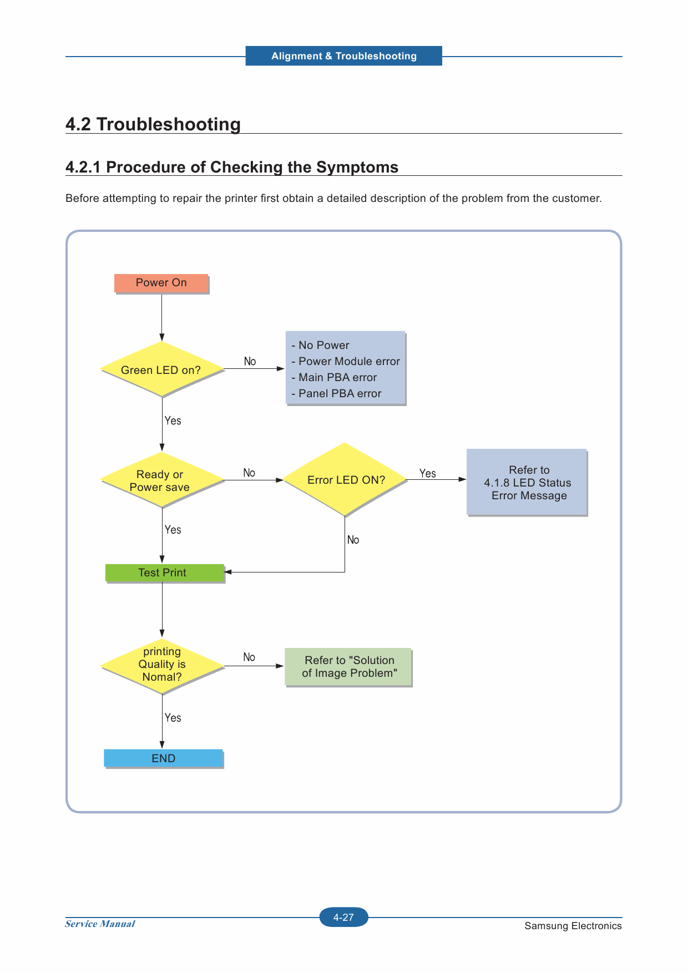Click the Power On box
coord(161,283)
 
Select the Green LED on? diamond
coord(162,369)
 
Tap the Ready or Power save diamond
coord(162,480)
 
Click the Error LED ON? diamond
coord(345,479)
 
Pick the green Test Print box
coord(165,573)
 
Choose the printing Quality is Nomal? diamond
coord(162,665)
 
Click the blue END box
coord(164,758)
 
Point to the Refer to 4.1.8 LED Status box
coord(527,483)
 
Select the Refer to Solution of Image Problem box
coord(348,667)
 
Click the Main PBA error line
coord(335,378)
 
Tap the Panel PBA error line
coord(337,394)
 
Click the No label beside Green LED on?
coord(250,362)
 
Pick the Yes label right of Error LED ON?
coord(428,474)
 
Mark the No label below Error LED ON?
coord(353,540)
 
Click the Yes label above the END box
coord(173,718)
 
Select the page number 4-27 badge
coord(344,918)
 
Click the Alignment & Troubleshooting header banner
coord(344,56)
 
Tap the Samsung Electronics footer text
coord(573,926)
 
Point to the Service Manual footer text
coord(100,924)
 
